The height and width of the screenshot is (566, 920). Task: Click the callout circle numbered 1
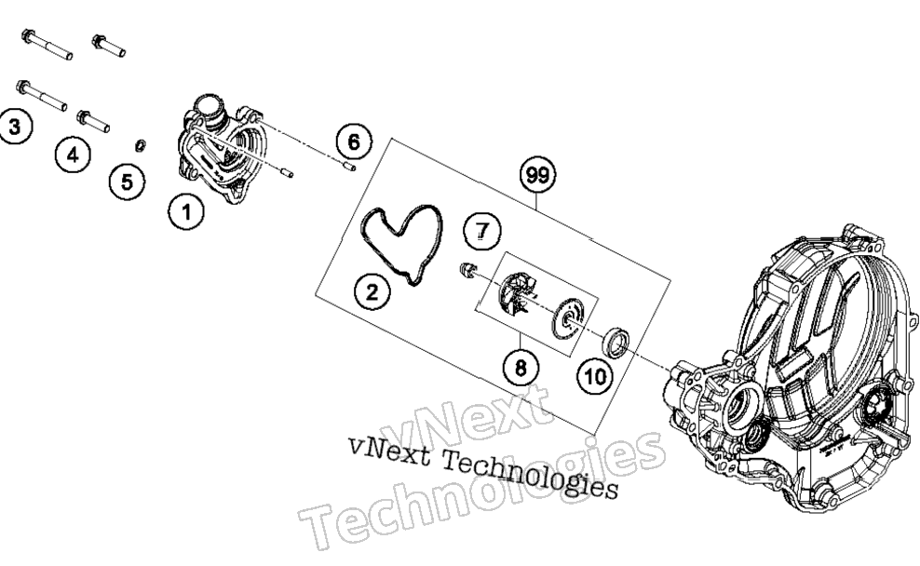[186, 211]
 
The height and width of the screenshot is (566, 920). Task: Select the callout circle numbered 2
[372, 291]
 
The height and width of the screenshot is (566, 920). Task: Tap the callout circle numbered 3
[15, 126]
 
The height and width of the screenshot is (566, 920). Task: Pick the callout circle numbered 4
[73, 155]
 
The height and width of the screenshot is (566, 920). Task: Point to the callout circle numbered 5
[128, 182]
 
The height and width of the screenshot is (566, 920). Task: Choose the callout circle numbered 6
[354, 141]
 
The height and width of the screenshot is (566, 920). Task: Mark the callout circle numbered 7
[482, 231]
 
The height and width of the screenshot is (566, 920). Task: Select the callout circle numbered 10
[595, 376]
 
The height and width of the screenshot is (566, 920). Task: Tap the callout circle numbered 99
[537, 175]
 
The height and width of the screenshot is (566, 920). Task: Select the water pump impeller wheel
[516, 294]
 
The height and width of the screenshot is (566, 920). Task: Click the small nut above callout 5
[141, 145]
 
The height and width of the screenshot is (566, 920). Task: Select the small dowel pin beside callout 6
[348, 168]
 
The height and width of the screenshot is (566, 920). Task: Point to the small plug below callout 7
[467, 270]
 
